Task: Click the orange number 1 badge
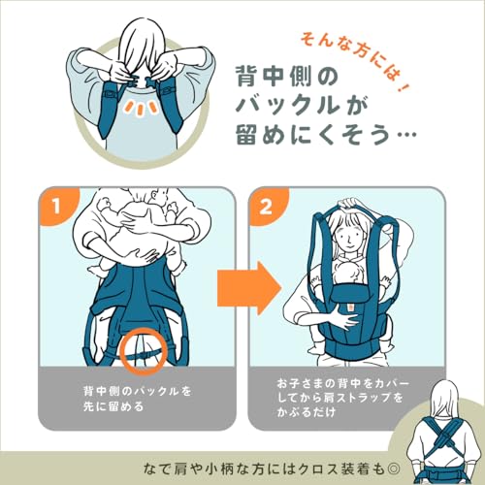pyautogui.click(x=55, y=206)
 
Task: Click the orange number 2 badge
pyautogui.click(x=266, y=206)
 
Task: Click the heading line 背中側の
pyautogui.click(x=287, y=77)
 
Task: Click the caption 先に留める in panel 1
pyautogui.click(x=113, y=406)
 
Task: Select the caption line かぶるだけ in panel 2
pyautogui.click(x=306, y=412)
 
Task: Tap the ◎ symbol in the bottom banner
pyautogui.click(x=393, y=469)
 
